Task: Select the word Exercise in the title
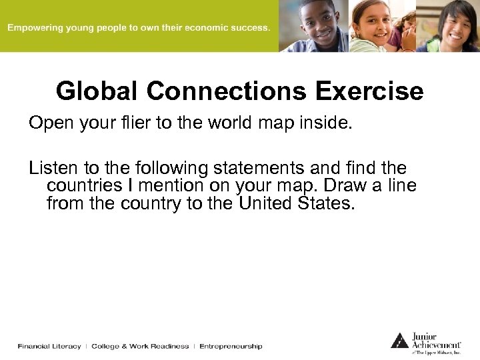(x=369, y=91)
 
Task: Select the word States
(x=327, y=203)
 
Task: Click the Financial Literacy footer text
(x=49, y=346)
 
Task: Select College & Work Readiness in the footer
(x=140, y=346)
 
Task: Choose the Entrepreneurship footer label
(x=231, y=346)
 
